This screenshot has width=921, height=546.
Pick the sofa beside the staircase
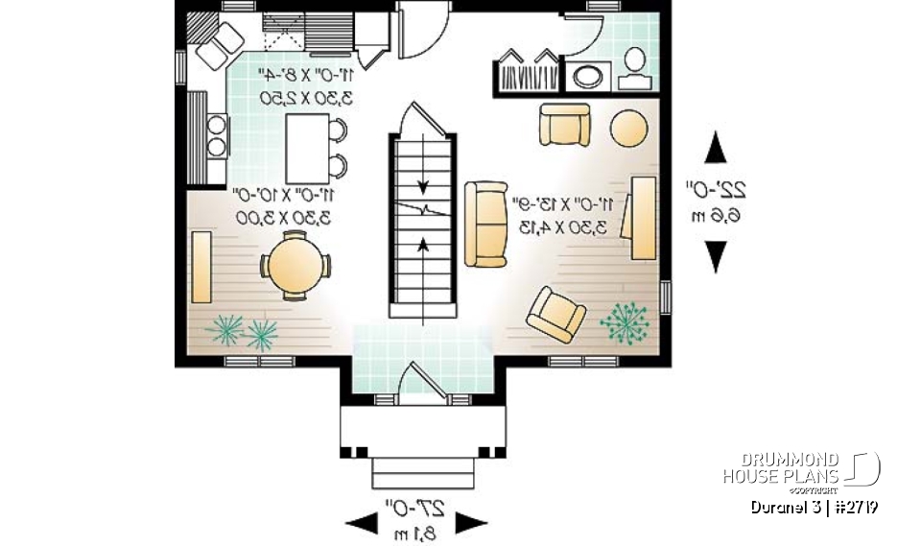[x=485, y=224]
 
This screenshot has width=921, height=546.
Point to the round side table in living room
[x=629, y=128]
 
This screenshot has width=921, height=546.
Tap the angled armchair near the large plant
[x=556, y=313]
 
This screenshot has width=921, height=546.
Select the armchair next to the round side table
[x=565, y=125]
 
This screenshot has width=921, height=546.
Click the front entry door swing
[x=422, y=381]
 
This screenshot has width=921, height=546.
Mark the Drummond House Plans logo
[x=801, y=469]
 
